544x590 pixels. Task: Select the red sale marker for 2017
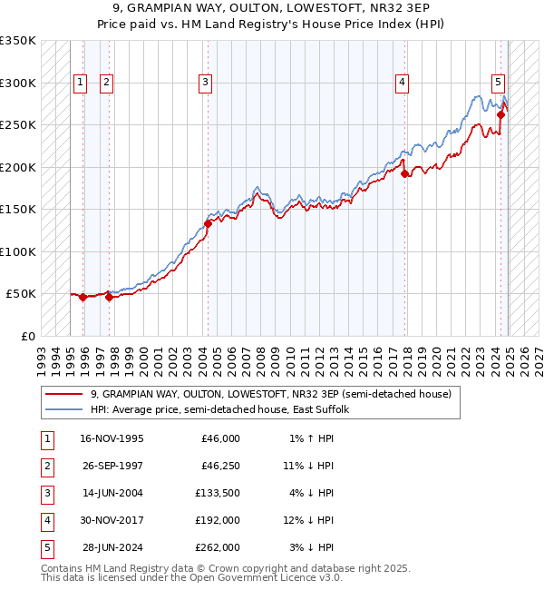[x=404, y=174]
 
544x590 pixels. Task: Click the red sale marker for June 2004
[x=208, y=223]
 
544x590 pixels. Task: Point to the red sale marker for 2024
[x=500, y=115]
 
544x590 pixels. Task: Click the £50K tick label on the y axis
[x=21, y=294]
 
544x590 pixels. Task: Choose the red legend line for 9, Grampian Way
[x=65, y=394]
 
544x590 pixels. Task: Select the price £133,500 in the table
[x=220, y=493]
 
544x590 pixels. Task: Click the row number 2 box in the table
[x=46, y=466]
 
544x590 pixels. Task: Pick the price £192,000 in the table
[x=220, y=520]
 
